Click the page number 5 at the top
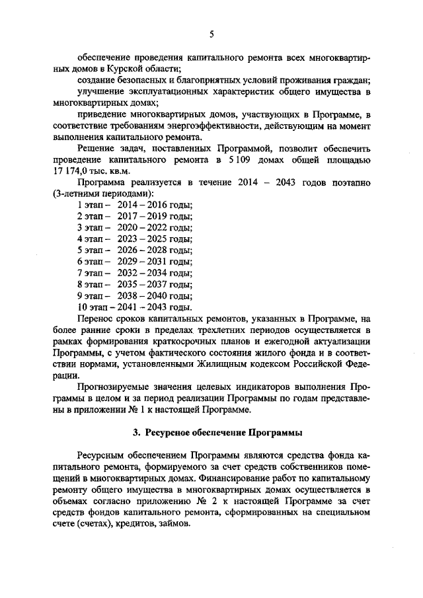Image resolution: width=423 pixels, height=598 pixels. point(211,34)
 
